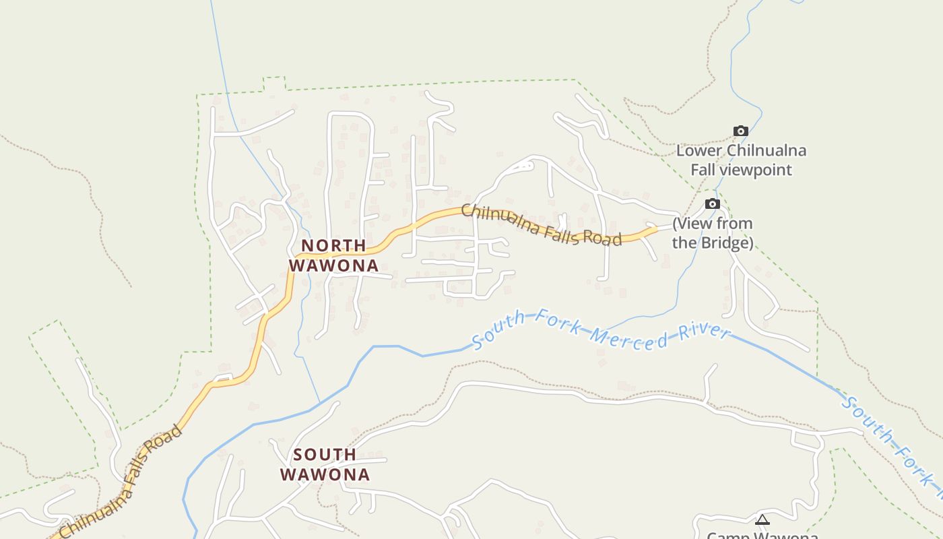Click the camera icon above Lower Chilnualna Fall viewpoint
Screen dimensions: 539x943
741,131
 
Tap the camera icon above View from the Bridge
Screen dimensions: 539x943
713,203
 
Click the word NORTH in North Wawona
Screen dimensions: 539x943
333,245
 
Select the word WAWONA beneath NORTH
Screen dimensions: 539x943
334,265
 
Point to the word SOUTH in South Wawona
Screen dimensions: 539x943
325,455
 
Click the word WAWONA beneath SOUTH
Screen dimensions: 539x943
325,474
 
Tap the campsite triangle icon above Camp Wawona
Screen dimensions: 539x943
762,519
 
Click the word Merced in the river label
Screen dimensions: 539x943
626,339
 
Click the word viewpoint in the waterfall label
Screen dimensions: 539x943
756,170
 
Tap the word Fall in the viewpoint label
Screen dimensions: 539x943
703,170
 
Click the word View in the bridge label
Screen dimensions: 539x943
695,224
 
